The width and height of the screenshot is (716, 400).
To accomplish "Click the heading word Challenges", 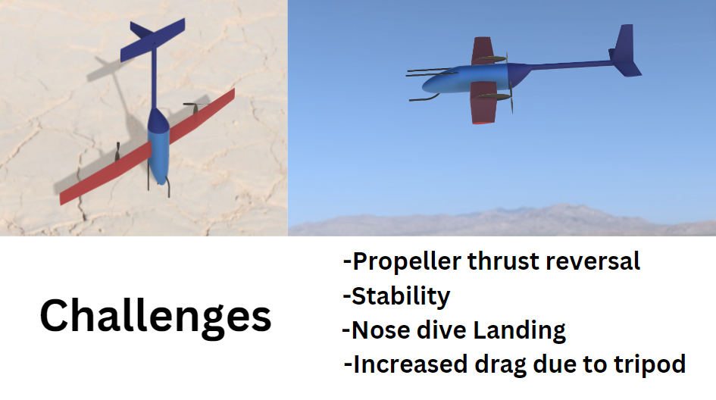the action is click(155, 317).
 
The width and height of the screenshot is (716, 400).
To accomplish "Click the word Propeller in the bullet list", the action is click(407, 262).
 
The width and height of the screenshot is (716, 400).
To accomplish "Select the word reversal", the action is click(592, 261).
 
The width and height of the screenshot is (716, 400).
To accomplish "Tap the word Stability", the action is click(401, 297).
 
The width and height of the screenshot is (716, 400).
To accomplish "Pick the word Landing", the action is click(519, 331).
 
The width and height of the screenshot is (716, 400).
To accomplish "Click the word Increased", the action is click(411, 364).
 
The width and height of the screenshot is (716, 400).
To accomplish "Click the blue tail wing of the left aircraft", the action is click(152, 39).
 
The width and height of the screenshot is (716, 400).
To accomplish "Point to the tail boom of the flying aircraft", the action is click(570, 65).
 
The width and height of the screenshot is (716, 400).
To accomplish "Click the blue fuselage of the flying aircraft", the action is click(471, 79).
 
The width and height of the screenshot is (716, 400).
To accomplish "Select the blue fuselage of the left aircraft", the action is click(158, 146).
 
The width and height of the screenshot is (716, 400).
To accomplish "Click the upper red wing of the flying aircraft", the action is click(482, 51).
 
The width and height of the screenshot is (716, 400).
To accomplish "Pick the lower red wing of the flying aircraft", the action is click(484, 103).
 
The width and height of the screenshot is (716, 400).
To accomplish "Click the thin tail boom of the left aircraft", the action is click(155, 77).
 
